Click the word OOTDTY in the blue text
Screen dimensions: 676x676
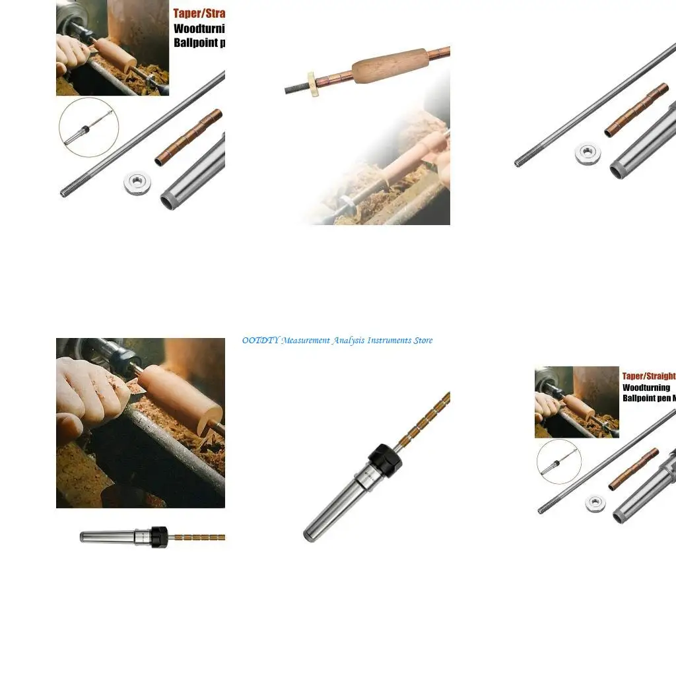261,341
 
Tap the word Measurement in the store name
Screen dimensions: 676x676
305,341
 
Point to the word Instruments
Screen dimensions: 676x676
389,341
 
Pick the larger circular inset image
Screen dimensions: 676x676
88,127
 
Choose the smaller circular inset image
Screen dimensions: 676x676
558,461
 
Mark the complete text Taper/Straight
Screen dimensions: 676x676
648,376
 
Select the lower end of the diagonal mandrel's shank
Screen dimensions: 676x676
309,534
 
